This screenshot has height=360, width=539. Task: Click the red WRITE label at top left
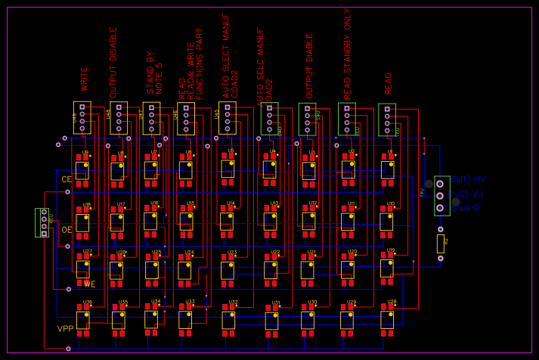[x=85, y=79]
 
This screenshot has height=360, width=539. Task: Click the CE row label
[x=67, y=179]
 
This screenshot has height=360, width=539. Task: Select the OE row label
[x=67, y=230]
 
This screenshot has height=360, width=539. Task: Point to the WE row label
[x=89, y=284]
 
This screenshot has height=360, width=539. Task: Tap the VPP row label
[x=65, y=329]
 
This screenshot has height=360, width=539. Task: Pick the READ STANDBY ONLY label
[x=348, y=54]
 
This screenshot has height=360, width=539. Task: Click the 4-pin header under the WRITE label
[x=82, y=118]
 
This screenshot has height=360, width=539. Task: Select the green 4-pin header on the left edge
[x=43, y=222]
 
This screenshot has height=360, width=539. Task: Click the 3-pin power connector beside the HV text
[x=441, y=195]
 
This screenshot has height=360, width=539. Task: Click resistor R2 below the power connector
[x=441, y=244]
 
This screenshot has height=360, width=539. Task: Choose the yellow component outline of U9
[x=82, y=170]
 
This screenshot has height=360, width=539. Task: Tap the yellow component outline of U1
[x=387, y=169]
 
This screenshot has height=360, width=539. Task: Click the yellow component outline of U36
[x=82, y=319]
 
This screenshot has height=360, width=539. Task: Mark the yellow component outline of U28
[x=386, y=319]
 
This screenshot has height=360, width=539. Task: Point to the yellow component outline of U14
[x=226, y=221]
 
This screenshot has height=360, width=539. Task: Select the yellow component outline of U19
[x=386, y=268]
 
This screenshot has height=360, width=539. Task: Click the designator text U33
[x=190, y=302]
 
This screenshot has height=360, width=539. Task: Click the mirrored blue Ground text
[x=466, y=207]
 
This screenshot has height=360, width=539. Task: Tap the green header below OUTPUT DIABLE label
[x=307, y=119]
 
